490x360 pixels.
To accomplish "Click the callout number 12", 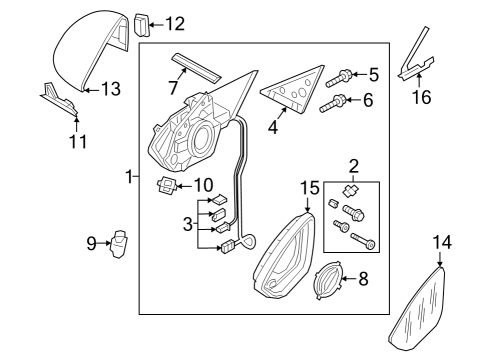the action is click(175, 24).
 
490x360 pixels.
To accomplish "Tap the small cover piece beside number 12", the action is click(142, 24).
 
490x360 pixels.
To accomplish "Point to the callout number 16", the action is click(422, 97).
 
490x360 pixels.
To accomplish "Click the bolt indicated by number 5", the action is click(338, 78).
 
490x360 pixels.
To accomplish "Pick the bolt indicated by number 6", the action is click(333, 104).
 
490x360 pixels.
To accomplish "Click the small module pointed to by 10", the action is click(166, 186).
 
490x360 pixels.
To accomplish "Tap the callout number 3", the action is click(188, 224).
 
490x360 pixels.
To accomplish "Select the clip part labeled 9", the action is click(119, 244).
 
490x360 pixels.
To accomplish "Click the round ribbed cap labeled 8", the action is click(328, 280).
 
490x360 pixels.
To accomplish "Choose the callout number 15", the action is click(310, 188).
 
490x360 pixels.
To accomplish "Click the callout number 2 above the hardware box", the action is click(354, 166).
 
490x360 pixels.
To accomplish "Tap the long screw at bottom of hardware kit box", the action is click(363, 241).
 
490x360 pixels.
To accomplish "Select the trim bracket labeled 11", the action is click(60, 100).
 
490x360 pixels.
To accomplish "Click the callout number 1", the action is click(129, 176).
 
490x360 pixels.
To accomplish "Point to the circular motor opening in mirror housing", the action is click(201, 137).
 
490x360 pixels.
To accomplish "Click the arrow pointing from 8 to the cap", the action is click(349, 278).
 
